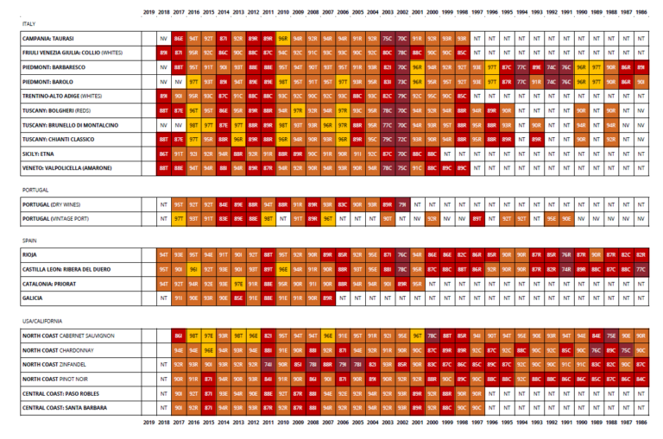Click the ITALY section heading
pos(28,24)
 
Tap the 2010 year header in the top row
pos(282,11)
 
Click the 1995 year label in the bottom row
pos(506,423)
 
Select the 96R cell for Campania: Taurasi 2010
pos(282,39)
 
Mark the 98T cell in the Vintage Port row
pos(268,219)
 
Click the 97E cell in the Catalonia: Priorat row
pos(238,282)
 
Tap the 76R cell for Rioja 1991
pos(566,254)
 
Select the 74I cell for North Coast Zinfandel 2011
pos(268,364)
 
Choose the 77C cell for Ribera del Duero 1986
pos(641,268)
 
